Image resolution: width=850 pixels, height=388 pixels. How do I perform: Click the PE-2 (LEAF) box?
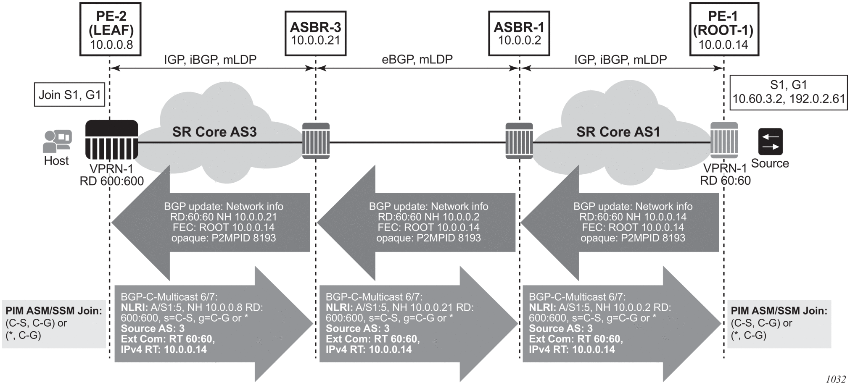[x=111, y=29]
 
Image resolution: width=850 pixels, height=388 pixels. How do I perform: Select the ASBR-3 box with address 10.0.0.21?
[x=315, y=34]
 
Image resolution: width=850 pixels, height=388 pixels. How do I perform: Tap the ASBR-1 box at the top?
[x=519, y=34]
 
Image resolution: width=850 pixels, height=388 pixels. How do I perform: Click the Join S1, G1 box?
[x=70, y=94]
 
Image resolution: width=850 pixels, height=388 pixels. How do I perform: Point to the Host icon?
[x=57, y=141]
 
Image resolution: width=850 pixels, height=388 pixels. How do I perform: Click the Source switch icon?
[x=770, y=142]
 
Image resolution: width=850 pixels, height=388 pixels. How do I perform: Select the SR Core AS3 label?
[x=214, y=132]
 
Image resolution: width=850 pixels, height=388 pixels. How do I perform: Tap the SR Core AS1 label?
[x=618, y=132]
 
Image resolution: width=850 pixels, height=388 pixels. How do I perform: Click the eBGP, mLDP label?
[x=417, y=60]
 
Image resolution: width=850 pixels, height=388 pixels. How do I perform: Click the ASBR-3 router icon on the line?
[x=316, y=141]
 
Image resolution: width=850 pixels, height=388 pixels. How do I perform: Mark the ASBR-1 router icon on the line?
[x=519, y=141]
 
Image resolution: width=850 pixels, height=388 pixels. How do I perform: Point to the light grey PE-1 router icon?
[x=724, y=141]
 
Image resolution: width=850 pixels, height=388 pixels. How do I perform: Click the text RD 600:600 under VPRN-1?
[x=112, y=181]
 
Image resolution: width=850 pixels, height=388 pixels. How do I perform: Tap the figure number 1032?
[x=835, y=379]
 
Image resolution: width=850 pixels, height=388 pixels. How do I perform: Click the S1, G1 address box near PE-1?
[x=788, y=92]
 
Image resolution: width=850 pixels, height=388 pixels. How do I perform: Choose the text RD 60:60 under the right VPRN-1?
[x=725, y=181]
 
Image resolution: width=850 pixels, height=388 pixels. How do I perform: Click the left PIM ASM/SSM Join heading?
[x=54, y=311]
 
